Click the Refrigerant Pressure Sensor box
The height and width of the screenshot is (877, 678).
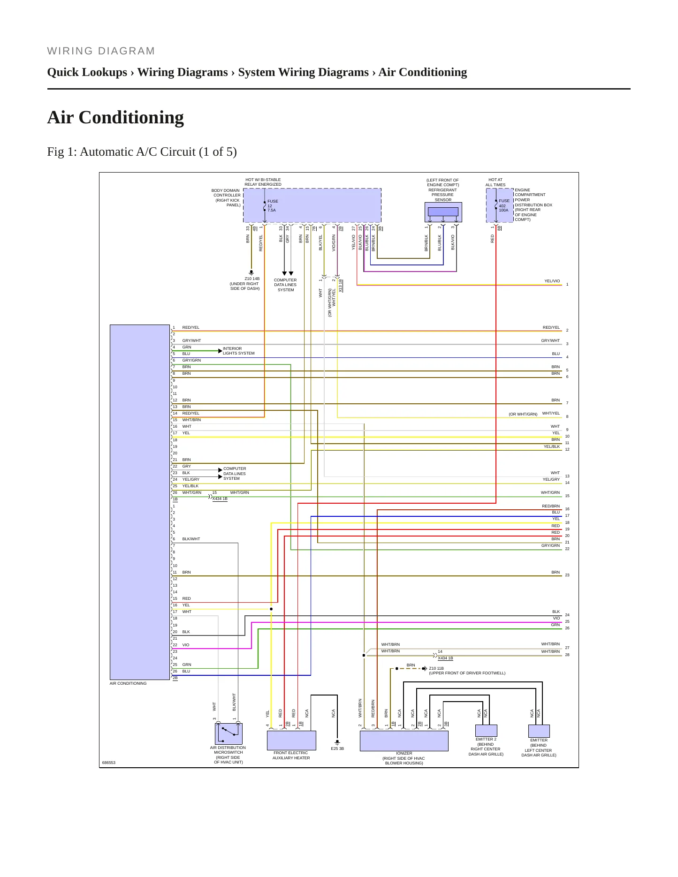point(443,212)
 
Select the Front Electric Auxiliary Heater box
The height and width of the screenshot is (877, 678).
point(291,741)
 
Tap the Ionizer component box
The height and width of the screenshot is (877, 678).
point(404,741)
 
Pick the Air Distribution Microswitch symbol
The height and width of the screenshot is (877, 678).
point(229,733)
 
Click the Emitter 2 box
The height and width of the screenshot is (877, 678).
point(486,731)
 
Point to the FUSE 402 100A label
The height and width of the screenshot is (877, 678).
point(504,205)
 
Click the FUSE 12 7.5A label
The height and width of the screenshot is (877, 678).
point(273,205)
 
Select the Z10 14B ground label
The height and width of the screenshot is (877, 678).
point(252,279)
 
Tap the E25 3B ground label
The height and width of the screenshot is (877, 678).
point(337,748)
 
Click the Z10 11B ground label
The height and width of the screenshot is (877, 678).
point(436,668)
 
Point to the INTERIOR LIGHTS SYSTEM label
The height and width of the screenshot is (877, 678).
point(238,351)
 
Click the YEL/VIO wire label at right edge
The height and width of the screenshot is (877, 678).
point(552,281)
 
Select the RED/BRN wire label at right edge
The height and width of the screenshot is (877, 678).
point(551,506)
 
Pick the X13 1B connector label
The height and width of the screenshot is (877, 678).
point(341,286)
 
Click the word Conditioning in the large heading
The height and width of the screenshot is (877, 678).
point(131,117)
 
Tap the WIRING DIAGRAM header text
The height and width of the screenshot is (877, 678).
point(101,51)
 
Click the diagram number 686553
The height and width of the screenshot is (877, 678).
point(108,763)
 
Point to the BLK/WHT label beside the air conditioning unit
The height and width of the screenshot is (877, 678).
point(191,539)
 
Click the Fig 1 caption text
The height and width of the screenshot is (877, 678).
point(142,151)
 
